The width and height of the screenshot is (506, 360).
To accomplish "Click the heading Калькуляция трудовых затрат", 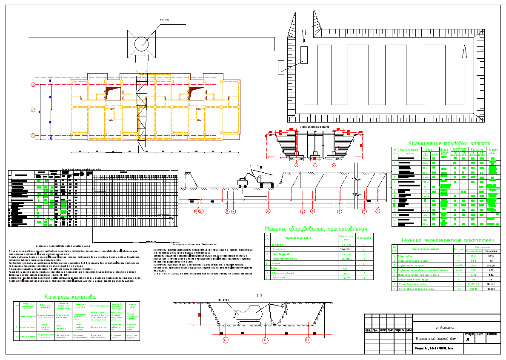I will (x=449, y=143).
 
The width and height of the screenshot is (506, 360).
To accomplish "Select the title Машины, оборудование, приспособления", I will (x=316, y=229).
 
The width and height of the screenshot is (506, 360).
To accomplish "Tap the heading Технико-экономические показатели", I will (x=449, y=240).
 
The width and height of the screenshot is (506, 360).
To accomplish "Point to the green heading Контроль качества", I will (x=70, y=297).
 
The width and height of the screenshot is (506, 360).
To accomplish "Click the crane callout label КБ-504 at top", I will (x=164, y=20).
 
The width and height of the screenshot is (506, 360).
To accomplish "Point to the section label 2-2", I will (x=260, y=295).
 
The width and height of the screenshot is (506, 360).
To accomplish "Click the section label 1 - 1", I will (x=256, y=167).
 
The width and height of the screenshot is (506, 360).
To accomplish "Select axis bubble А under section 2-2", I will (x=226, y=340).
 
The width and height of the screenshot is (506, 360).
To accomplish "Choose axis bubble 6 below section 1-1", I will (x=268, y=211).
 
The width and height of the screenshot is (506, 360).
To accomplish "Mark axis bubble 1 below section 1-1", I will (x=377, y=211).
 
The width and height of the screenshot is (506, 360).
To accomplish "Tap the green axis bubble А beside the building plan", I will (x=33, y=135).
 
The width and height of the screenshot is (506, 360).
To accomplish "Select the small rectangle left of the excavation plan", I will (x=281, y=66).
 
